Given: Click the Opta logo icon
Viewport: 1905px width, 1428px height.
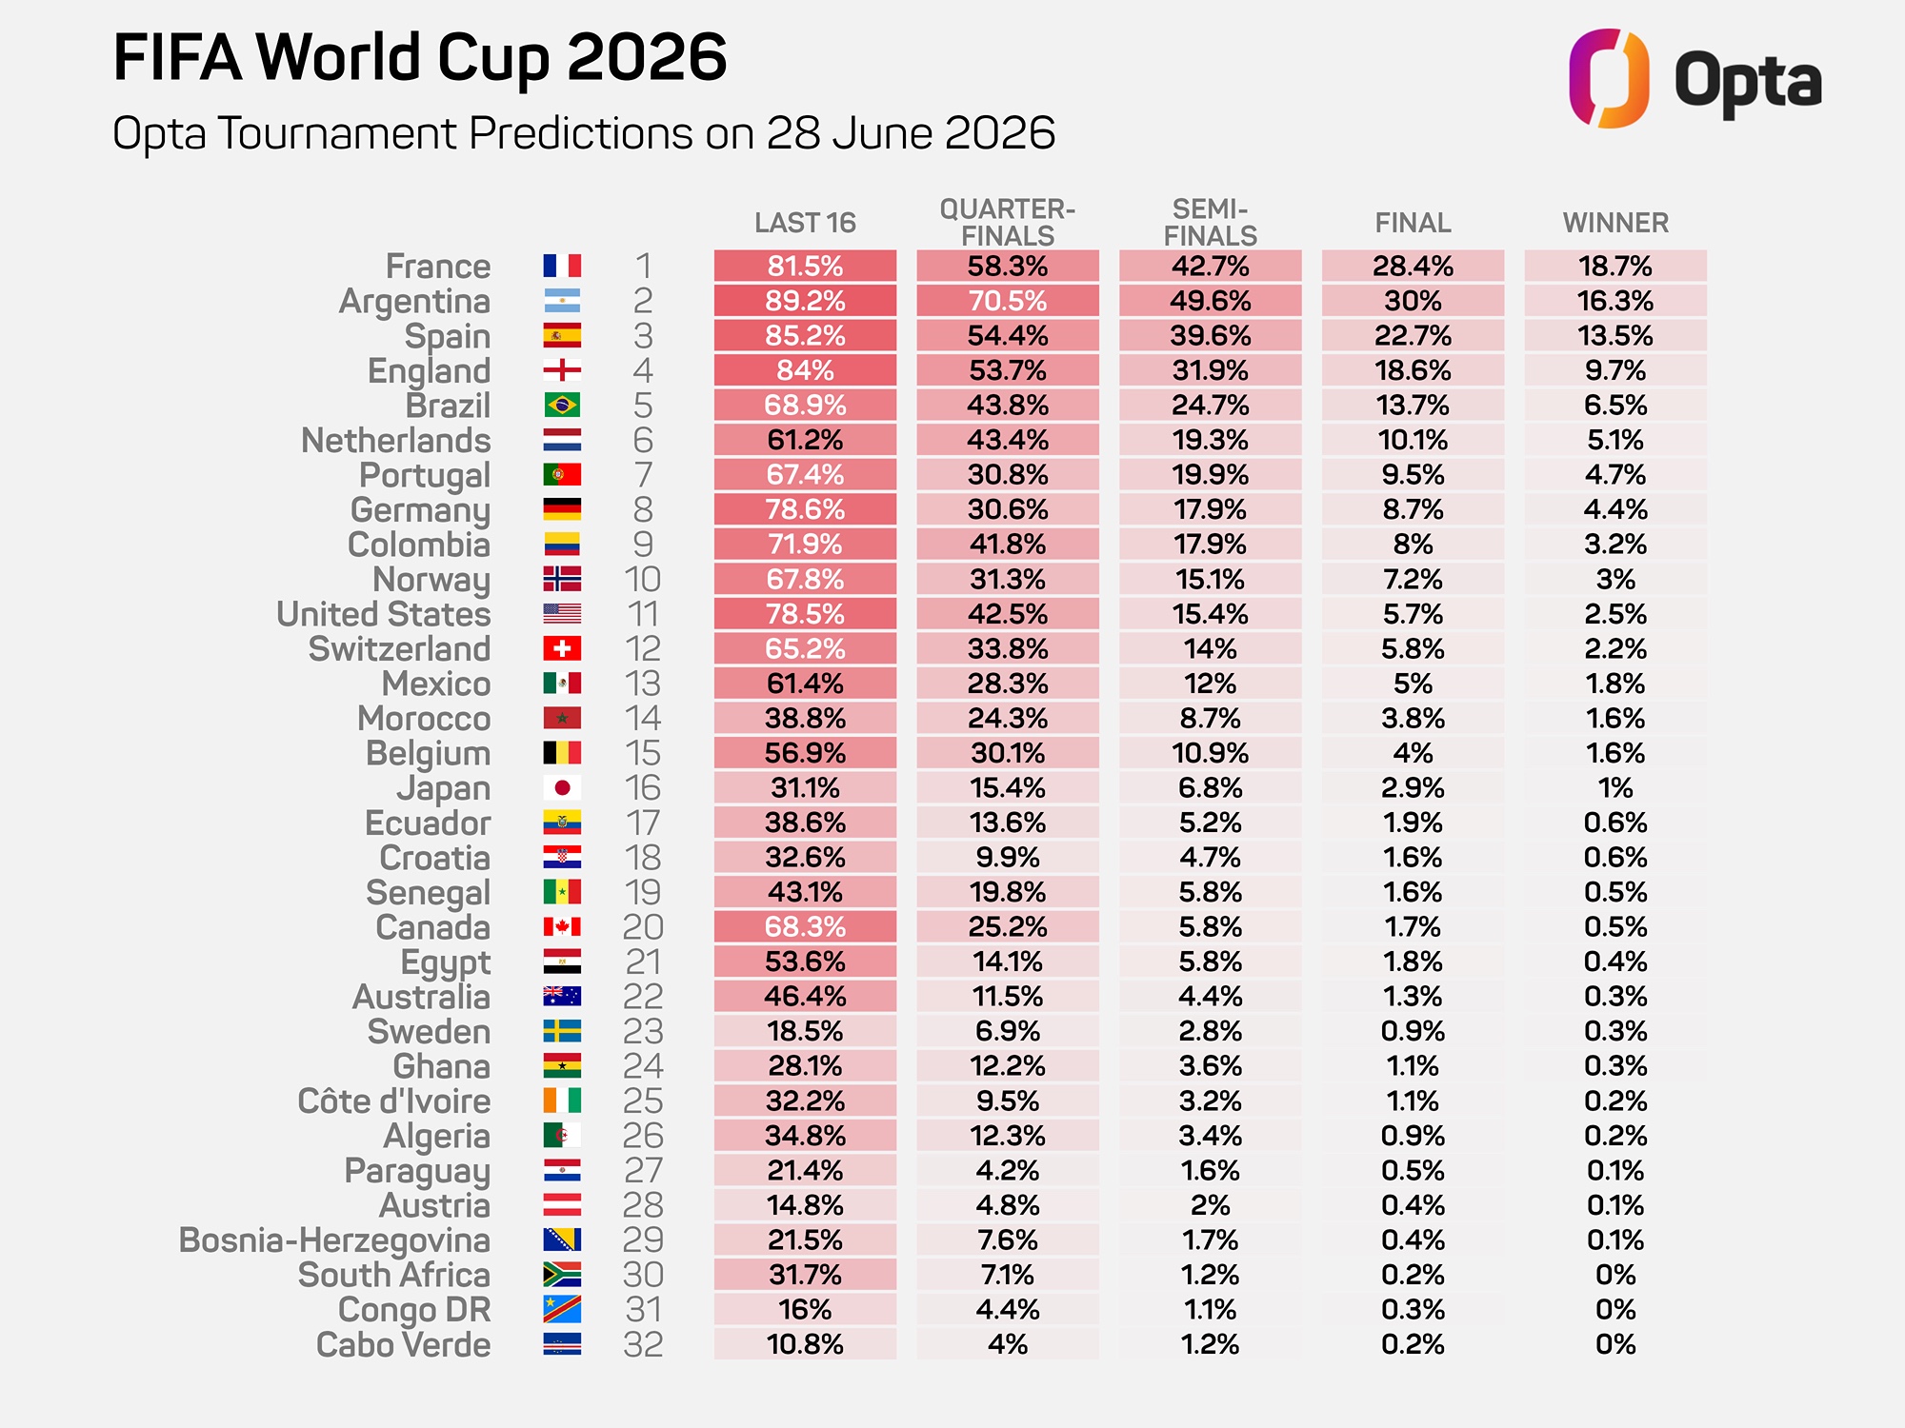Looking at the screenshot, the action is point(1609,78).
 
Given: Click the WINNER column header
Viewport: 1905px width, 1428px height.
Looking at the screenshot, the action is point(1615,223).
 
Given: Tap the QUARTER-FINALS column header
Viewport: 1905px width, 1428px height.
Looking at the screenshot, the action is point(1008,222).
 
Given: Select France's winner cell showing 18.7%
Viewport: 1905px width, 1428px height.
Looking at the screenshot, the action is point(1615,266).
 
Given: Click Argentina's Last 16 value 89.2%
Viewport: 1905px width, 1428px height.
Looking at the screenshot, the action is point(805,301).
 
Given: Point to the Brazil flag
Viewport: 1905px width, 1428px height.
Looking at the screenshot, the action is point(562,406).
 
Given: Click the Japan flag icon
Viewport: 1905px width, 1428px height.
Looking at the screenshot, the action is point(562,788).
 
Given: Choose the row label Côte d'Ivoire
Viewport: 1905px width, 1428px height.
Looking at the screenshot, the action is point(394,1101).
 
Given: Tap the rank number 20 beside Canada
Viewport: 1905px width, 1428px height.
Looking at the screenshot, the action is point(643,927).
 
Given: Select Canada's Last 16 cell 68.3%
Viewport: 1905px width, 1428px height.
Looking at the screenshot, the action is point(805,927).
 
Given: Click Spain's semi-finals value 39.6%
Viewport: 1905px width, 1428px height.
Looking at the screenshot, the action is point(1211,336).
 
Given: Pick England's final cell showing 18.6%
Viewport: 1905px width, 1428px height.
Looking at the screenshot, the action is point(1413,370).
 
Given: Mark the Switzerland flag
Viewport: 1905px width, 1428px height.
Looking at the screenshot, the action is point(562,649).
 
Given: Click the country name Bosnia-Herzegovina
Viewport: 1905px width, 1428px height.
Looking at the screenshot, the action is point(334,1240).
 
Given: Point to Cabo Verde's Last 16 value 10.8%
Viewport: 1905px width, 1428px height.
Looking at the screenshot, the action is point(805,1344).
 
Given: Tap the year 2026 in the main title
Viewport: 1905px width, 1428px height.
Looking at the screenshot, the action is point(647,57).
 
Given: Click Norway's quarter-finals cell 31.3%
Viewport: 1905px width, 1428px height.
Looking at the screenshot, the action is point(1008,579).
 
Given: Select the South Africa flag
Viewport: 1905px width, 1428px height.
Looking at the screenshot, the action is point(562,1275).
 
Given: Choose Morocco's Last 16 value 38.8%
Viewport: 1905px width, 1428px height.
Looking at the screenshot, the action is point(805,719).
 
